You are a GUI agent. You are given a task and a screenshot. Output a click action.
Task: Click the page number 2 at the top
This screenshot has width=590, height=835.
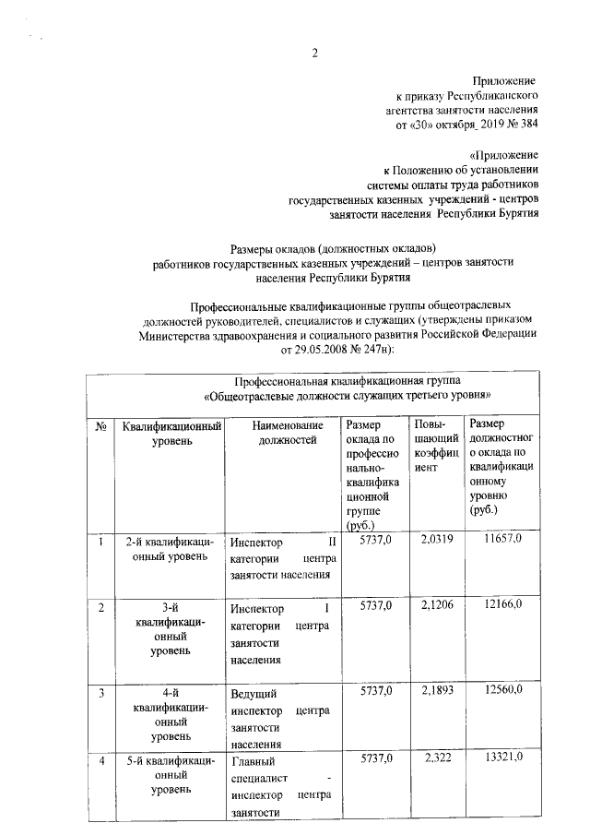coord(314,52)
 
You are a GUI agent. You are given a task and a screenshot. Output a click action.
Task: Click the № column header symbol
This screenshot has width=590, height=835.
coord(100,425)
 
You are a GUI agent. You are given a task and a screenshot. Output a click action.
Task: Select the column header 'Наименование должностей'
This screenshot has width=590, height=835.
coord(287,434)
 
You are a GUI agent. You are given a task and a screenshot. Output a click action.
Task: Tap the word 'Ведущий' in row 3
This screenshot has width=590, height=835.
coord(253,692)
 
